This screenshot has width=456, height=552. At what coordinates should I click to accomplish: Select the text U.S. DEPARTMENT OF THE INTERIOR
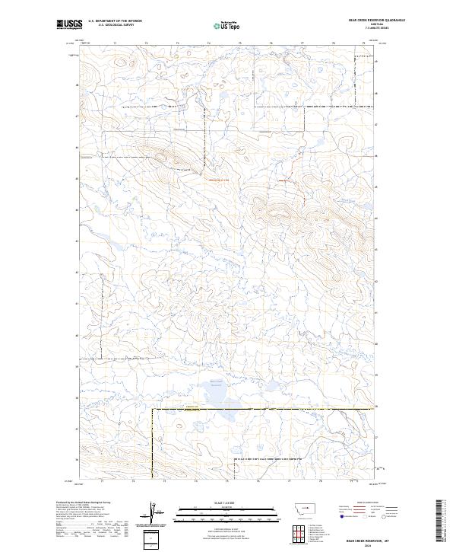click(115, 21)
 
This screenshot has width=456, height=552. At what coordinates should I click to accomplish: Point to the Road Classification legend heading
click(363, 503)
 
